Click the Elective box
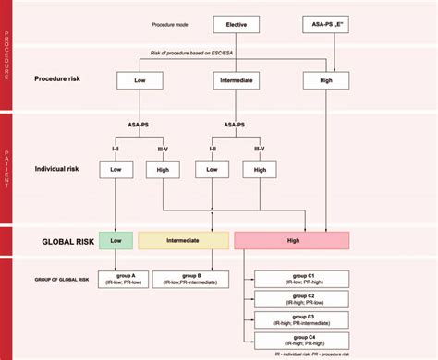(x=237, y=24)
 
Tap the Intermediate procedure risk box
(x=237, y=82)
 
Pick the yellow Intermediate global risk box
(x=183, y=240)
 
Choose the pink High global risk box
(x=291, y=240)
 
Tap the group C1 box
(x=303, y=279)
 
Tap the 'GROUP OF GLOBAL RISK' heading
(x=54, y=279)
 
